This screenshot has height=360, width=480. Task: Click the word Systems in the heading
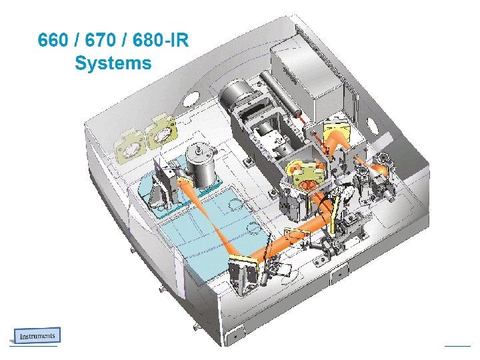click(113, 63)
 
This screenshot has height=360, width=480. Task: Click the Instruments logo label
click(37, 335)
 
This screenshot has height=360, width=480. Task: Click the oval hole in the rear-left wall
click(191, 99)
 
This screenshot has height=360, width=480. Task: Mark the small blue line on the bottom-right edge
click(457, 345)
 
